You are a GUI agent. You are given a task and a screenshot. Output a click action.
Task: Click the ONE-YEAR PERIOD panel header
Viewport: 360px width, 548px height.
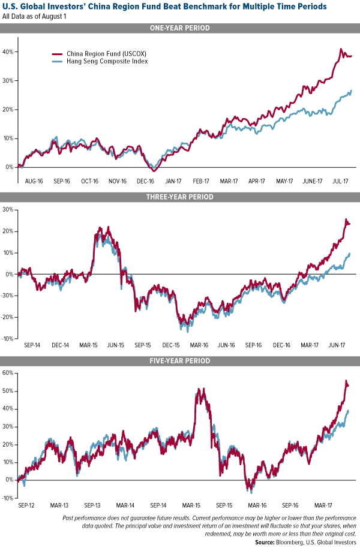[x=180, y=28]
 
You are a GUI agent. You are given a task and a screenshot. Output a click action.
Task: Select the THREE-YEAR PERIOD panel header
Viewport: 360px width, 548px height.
[x=180, y=197]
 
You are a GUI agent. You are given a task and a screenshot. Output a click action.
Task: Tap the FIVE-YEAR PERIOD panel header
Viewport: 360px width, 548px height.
[x=180, y=361]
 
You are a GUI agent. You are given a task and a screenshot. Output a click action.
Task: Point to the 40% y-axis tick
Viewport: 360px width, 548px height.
[x=8, y=52]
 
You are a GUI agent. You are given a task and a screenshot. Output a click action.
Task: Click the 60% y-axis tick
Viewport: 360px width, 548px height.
[x=8, y=373]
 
